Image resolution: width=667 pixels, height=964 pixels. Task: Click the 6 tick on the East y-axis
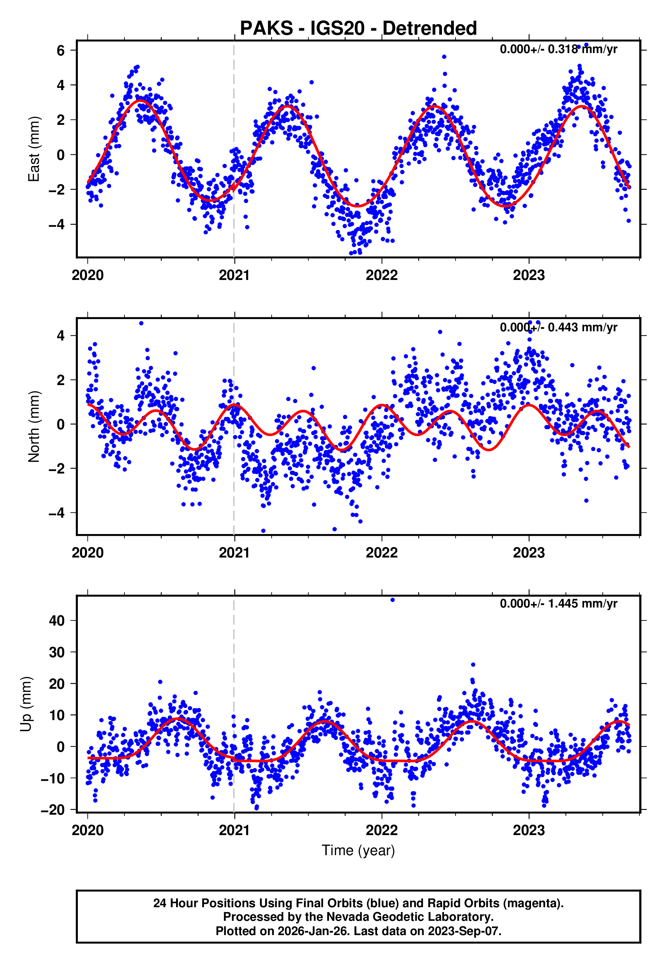[x=61, y=51]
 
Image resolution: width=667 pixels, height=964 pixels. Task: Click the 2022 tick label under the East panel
[x=381, y=276]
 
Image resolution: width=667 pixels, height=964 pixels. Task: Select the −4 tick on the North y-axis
[x=57, y=513]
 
